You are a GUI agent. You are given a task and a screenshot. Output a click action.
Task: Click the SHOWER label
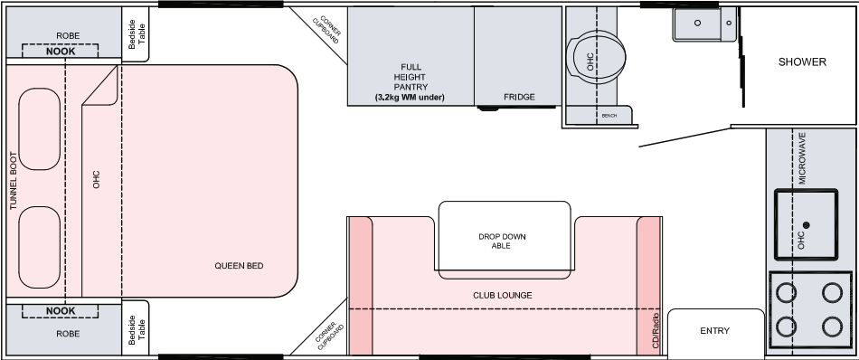802,62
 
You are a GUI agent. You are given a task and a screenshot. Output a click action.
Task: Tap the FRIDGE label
519,97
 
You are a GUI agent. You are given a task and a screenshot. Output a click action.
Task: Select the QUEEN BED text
239,266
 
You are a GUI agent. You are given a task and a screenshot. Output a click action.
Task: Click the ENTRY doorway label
715,330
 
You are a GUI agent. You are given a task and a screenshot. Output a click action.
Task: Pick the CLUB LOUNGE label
503,296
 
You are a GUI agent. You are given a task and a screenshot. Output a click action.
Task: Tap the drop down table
505,240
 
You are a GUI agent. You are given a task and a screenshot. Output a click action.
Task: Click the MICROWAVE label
802,158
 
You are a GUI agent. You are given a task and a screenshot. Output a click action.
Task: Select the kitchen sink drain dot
806,224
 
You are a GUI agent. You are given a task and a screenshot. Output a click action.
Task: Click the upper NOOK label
61,52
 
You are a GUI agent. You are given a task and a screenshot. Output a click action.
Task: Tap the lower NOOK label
61,310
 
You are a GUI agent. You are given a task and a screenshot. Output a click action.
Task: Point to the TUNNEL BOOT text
14,181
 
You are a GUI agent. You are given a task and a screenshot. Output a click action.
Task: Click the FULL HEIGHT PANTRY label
410,77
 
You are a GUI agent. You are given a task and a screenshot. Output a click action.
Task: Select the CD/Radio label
655,330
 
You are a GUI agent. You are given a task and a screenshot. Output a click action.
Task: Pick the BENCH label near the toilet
609,116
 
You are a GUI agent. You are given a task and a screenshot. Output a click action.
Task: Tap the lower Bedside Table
135,327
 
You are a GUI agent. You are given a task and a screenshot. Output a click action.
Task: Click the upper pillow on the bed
40,128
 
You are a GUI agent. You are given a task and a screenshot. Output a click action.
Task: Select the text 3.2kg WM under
410,98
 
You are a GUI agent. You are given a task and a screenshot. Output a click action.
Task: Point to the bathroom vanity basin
705,24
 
